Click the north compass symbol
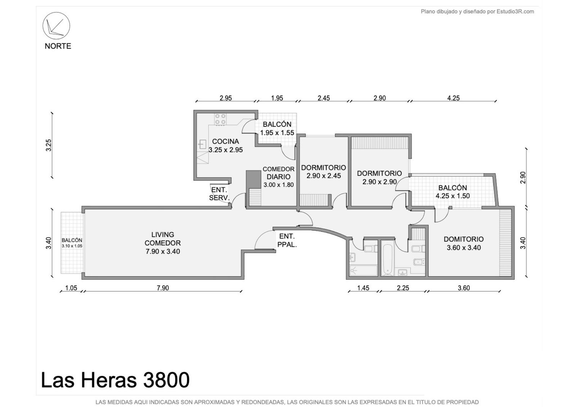(x=56, y=26)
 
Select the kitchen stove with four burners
(x=220, y=119)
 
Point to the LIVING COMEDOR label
(x=162, y=243)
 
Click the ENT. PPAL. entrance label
(x=287, y=240)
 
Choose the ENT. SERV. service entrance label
(x=219, y=194)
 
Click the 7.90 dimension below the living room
(x=163, y=288)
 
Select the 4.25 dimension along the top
(x=453, y=98)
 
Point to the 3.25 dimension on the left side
(x=49, y=145)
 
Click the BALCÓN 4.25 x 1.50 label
(x=453, y=192)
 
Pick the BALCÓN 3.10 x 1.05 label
(x=72, y=243)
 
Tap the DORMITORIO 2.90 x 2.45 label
(x=324, y=172)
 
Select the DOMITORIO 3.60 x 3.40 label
(x=464, y=244)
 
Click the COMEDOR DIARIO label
(x=279, y=177)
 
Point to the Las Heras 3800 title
(x=115, y=380)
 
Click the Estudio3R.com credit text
(x=515, y=12)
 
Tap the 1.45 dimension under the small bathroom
(x=363, y=288)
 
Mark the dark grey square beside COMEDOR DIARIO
(x=253, y=179)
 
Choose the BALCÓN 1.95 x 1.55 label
(x=277, y=128)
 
